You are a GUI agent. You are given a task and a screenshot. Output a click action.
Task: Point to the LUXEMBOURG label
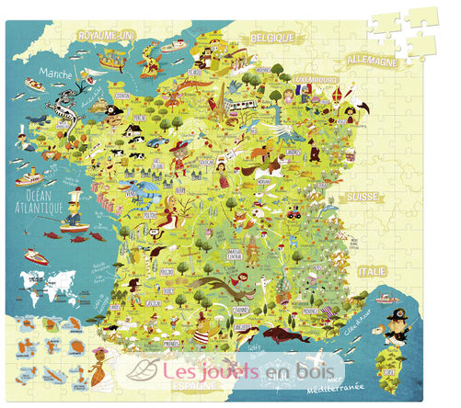[314, 79]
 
